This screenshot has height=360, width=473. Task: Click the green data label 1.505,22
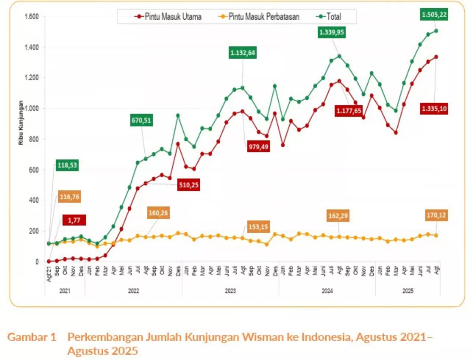point(435,15)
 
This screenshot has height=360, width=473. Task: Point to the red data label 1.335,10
point(435,109)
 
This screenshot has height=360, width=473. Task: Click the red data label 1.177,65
point(349,111)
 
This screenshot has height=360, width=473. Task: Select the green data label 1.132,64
point(243,52)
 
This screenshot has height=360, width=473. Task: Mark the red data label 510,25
point(188,185)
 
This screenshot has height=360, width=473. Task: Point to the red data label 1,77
point(74,221)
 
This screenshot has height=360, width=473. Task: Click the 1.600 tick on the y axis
point(31,17)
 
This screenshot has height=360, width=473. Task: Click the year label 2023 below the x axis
point(230,291)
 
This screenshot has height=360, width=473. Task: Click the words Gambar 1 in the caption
point(32,338)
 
